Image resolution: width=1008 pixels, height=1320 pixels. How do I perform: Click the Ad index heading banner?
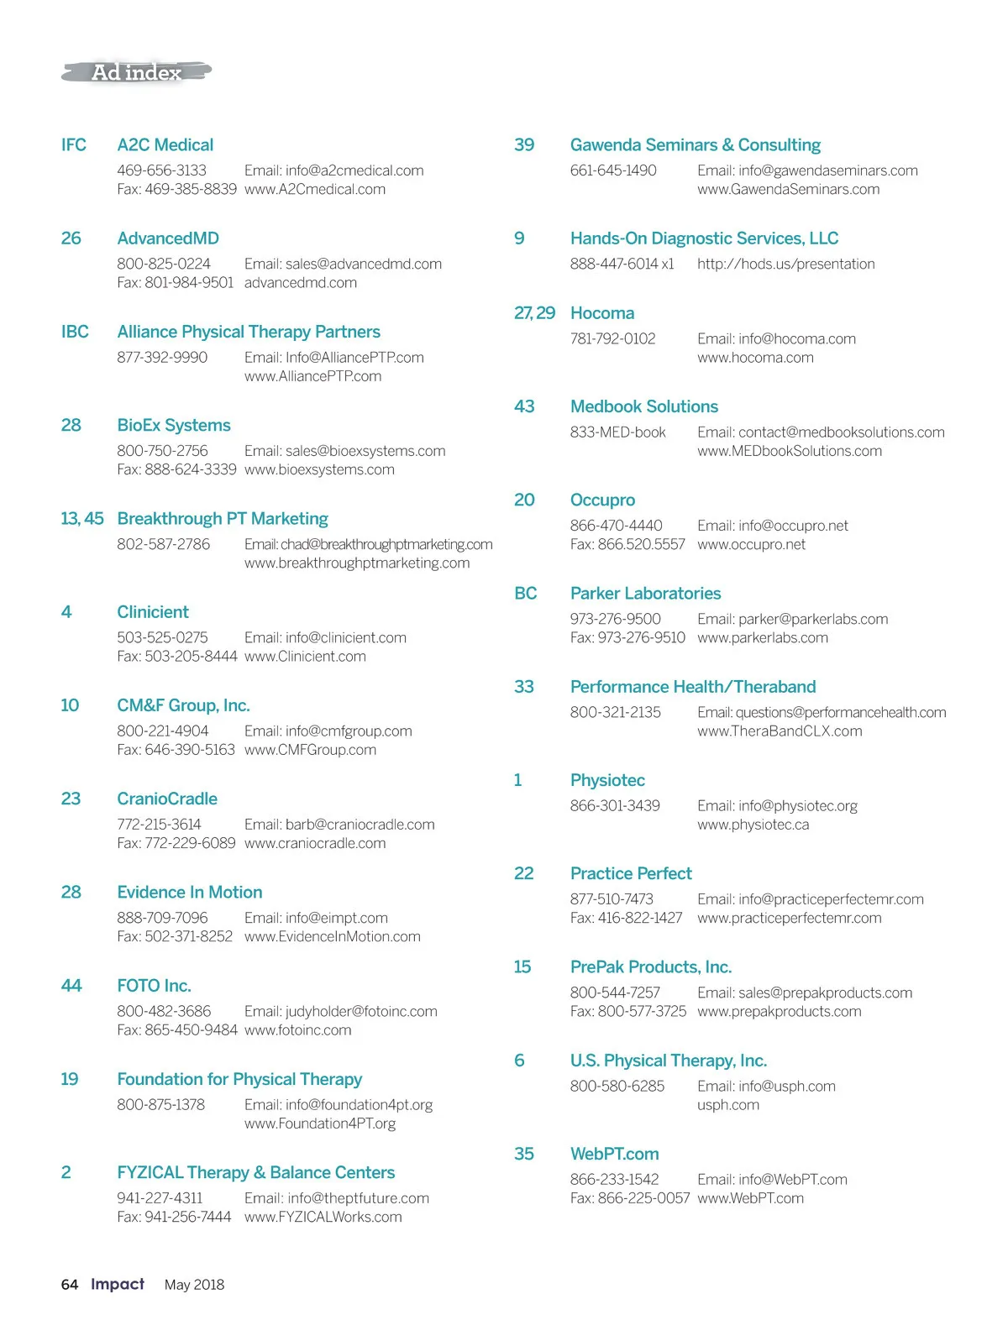(136, 72)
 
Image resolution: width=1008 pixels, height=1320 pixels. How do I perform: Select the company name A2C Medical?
(165, 144)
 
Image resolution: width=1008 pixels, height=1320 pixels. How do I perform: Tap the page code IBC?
(75, 332)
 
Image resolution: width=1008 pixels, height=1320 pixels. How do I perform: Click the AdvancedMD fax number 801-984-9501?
(189, 282)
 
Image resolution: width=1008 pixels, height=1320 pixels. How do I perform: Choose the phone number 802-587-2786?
(163, 544)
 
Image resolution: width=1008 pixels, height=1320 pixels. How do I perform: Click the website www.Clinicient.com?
(305, 656)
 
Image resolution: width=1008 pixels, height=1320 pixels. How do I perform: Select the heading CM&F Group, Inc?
(183, 705)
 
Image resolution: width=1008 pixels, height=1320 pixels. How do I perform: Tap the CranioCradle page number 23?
(71, 799)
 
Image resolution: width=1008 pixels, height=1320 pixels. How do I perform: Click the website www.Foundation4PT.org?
(320, 1123)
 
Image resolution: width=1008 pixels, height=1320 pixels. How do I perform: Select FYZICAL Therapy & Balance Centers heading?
(255, 1172)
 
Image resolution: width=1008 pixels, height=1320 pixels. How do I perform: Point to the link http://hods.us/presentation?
(785, 264)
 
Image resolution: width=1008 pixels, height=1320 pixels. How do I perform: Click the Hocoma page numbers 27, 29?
(534, 313)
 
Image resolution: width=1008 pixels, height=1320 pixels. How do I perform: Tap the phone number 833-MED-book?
(617, 432)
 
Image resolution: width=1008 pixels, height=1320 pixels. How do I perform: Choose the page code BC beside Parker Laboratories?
(525, 594)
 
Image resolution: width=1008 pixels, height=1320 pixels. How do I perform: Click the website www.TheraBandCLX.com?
(780, 731)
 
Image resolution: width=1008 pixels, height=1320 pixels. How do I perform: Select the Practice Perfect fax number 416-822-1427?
(640, 918)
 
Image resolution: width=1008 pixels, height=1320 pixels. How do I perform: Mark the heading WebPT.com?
(614, 1154)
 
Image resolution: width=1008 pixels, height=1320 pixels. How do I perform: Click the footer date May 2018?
(194, 1284)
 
